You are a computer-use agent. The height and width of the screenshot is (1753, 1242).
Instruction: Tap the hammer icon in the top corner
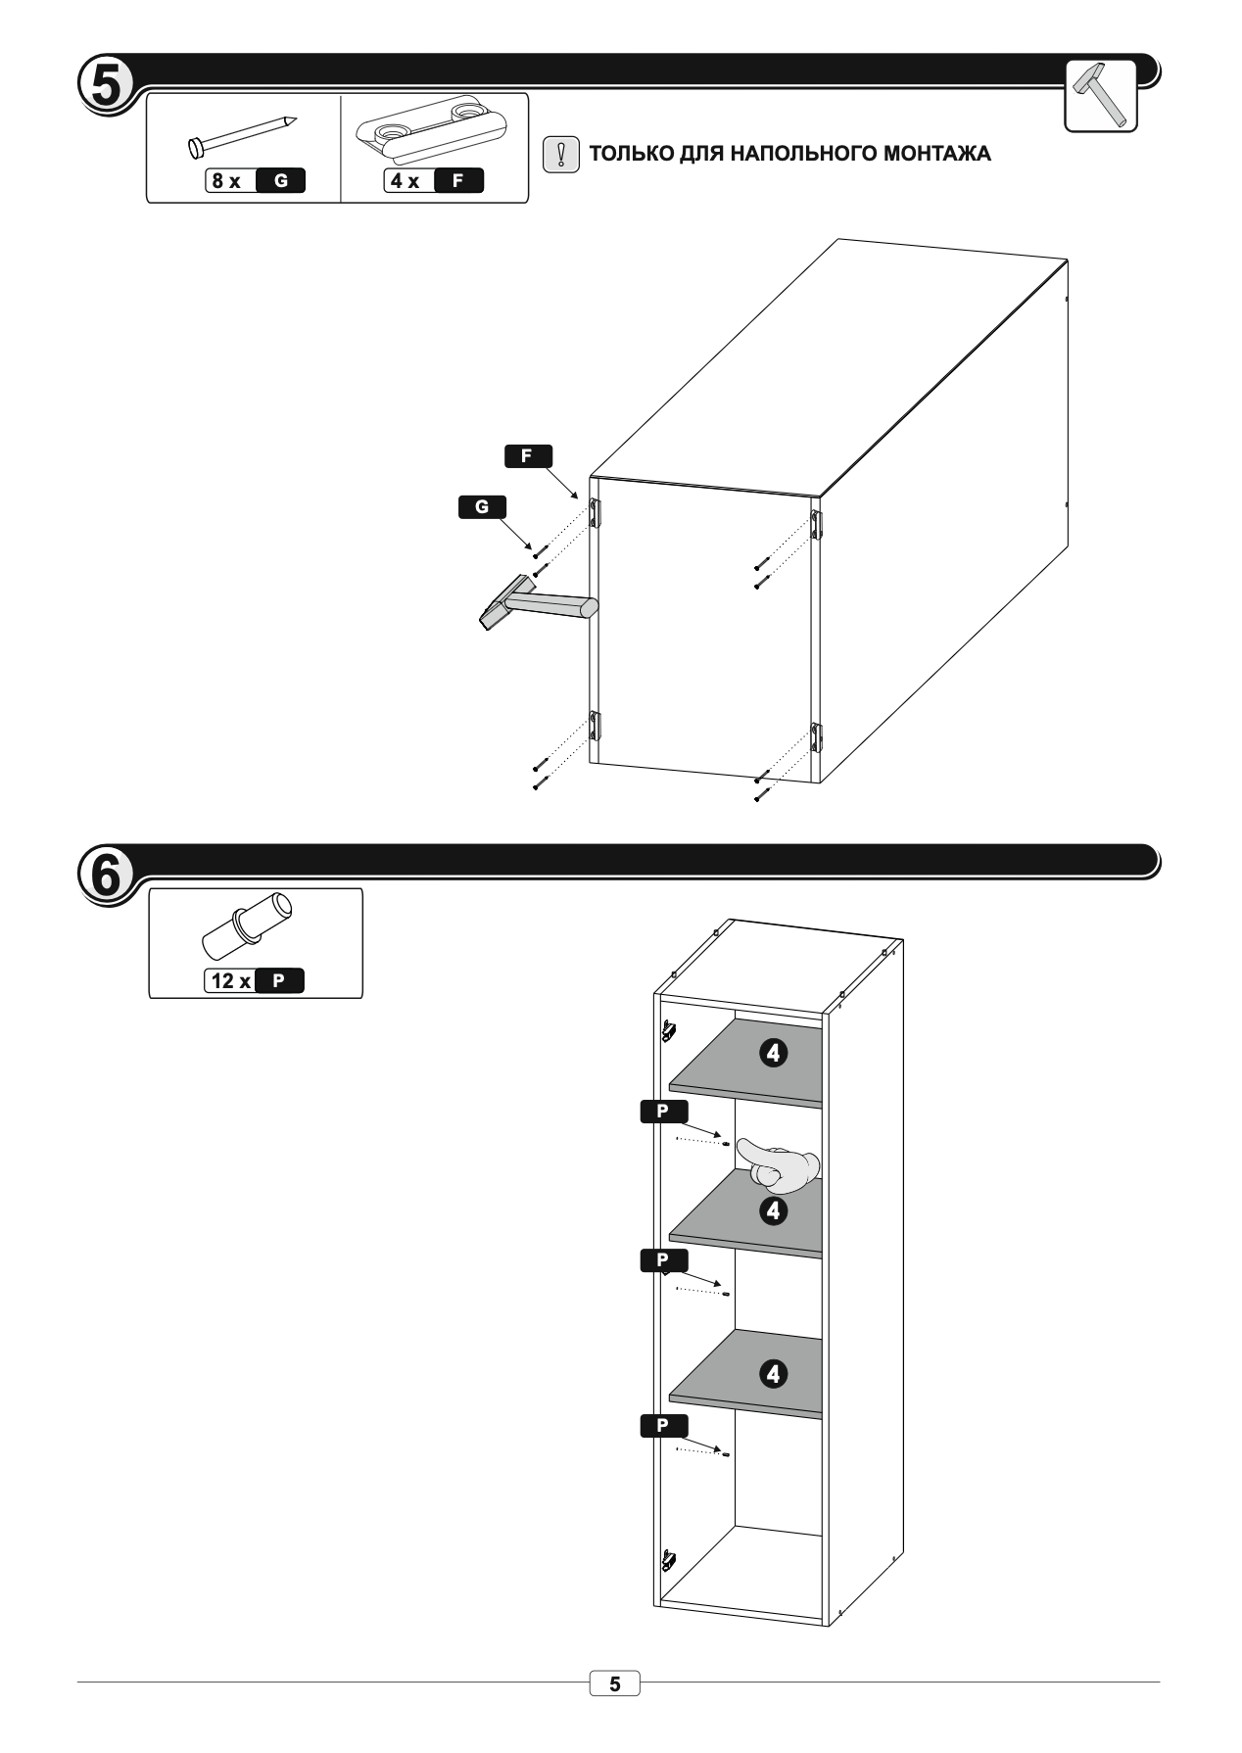(1100, 95)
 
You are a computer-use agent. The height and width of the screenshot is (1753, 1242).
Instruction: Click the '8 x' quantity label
(227, 181)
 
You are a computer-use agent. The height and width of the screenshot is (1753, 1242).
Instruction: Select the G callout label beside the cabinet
(482, 507)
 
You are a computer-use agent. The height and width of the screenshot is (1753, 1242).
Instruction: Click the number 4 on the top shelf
(774, 1054)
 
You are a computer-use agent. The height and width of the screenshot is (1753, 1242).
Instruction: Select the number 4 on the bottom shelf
(774, 1374)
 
